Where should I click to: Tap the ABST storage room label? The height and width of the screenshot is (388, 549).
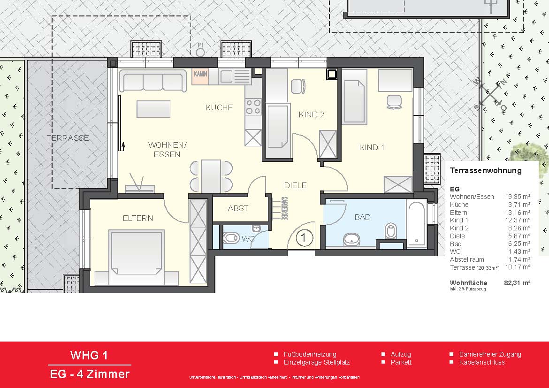coord(238,208)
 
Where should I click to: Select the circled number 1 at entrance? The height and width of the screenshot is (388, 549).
coord(304,238)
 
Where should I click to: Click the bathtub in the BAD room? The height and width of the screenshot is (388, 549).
coord(416,224)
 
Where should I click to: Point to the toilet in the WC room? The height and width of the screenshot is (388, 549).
coord(231,238)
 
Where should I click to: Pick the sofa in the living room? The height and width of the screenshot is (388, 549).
coord(153,81)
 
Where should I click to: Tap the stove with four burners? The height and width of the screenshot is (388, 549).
coord(253,107)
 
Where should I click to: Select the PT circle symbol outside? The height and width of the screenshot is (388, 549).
coord(201,51)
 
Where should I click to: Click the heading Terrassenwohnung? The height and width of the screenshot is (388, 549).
coord(486,171)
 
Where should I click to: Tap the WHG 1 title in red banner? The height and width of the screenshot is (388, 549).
coord(89,355)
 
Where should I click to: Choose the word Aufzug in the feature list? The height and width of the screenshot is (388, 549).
coord(401,354)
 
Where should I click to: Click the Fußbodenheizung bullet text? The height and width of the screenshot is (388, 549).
coord(310,354)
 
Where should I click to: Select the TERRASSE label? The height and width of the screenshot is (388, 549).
coord(68,138)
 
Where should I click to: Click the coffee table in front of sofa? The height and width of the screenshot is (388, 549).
coord(153,109)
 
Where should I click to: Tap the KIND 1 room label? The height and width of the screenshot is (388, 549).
coord(372,147)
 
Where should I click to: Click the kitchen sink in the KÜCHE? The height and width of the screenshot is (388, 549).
coord(226,76)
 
